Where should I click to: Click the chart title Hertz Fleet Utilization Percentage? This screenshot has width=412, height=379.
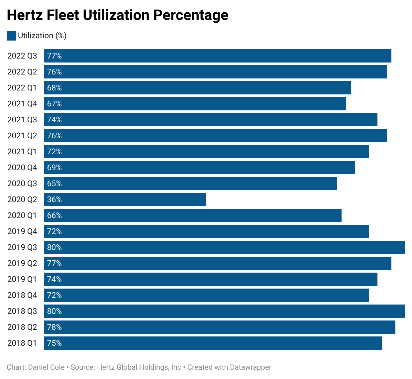(x=117, y=15)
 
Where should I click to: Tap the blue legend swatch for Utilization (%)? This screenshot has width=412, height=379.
(x=11, y=36)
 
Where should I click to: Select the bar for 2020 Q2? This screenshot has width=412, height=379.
(x=125, y=199)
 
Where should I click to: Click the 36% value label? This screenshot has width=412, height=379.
(x=54, y=199)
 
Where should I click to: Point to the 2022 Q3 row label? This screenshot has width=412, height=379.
(x=22, y=56)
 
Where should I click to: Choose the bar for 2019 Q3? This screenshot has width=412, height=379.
(x=224, y=247)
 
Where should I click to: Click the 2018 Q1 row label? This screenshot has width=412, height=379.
(x=22, y=343)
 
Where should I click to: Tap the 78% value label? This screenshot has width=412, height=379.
(x=54, y=327)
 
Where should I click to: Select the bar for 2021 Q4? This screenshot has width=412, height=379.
(x=195, y=104)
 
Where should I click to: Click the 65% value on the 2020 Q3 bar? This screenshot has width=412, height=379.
(x=54, y=184)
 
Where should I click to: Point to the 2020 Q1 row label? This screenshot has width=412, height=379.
(x=22, y=215)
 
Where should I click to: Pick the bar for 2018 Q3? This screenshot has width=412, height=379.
(x=224, y=311)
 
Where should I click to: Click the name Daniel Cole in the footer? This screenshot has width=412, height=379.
(x=46, y=367)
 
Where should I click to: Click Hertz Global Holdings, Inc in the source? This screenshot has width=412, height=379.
(x=139, y=367)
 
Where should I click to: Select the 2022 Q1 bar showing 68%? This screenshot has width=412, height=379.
(x=197, y=88)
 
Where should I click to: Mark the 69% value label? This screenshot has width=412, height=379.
(x=54, y=168)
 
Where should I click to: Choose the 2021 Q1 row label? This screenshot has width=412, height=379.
(x=22, y=152)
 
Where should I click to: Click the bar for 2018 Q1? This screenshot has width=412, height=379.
(x=213, y=343)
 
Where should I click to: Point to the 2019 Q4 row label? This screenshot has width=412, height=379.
(x=22, y=231)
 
